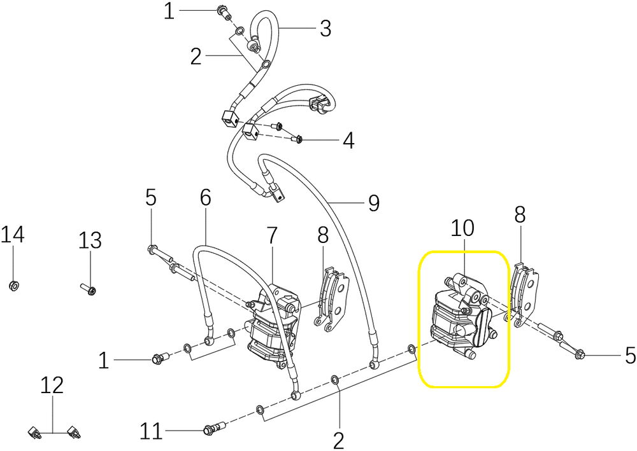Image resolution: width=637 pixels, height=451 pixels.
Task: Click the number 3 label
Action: pos(326,29)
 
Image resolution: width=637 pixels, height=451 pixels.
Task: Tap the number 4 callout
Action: pos(348,141)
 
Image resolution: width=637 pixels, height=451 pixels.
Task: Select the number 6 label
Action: pos(206,198)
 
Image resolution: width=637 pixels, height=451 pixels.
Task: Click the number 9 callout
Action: pos(373,203)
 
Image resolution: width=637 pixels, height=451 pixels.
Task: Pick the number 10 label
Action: pos(462,228)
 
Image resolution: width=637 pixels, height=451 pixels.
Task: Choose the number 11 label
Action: pos(151,431)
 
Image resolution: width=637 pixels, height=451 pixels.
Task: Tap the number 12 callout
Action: pos(52,385)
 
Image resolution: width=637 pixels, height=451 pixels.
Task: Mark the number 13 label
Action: pos(90,240)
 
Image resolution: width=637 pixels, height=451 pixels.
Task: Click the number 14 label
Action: pos(12,235)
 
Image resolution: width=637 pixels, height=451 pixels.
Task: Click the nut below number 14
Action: pos(13,286)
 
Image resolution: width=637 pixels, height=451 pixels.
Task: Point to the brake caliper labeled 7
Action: pos(275,324)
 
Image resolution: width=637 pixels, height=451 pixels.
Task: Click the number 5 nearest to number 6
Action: pos(151,198)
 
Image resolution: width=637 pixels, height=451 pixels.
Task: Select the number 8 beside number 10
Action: pos(520,214)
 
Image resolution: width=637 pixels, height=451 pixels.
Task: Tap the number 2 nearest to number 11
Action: pos(338,440)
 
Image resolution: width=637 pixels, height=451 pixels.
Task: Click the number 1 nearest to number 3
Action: pos(169,11)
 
